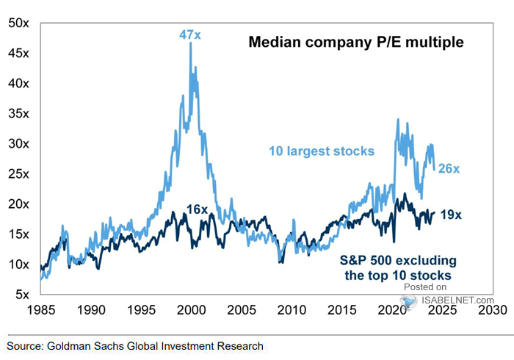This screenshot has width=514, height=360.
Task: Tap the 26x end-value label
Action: (x=449, y=169)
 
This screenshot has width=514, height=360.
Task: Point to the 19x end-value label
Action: (x=449, y=215)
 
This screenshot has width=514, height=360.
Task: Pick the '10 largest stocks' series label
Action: (x=320, y=151)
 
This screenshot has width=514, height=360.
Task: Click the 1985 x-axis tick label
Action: (x=41, y=311)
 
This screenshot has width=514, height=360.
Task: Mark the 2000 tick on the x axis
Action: (x=191, y=311)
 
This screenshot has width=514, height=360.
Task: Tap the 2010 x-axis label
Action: (x=292, y=311)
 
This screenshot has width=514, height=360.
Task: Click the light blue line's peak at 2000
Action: (x=191, y=44)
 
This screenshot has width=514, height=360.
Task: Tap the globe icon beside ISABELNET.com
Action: (x=405, y=300)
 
